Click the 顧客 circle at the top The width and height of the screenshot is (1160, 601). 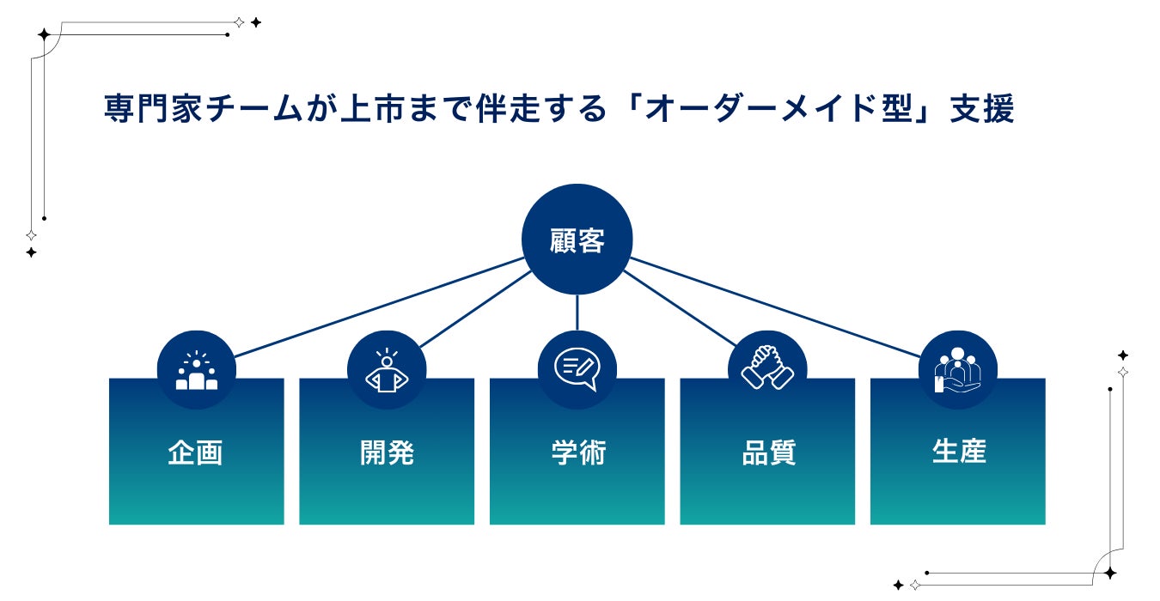click(x=577, y=240)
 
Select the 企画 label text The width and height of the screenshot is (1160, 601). click(x=196, y=452)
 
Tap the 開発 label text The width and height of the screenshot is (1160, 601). click(x=387, y=452)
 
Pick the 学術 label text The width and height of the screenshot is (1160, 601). click(x=577, y=452)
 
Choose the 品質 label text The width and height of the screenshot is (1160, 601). click(x=768, y=452)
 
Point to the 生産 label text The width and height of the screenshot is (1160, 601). click(x=958, y=452)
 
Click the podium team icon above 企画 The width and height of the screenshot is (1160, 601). click(x=197, y=371)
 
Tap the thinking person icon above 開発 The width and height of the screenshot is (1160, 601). click(x=387, y=371)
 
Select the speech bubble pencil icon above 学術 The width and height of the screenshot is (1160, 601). click(x=577, y=369)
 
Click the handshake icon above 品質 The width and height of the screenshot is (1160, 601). click(x=767, y=367)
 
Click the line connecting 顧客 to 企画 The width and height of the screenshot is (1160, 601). click(x=378, y=306)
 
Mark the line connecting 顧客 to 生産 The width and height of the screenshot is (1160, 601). click(x=773, y=306)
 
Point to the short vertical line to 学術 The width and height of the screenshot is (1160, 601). click(x=577, y=313)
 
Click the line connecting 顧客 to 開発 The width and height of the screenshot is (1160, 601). click(x=474, y=309)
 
